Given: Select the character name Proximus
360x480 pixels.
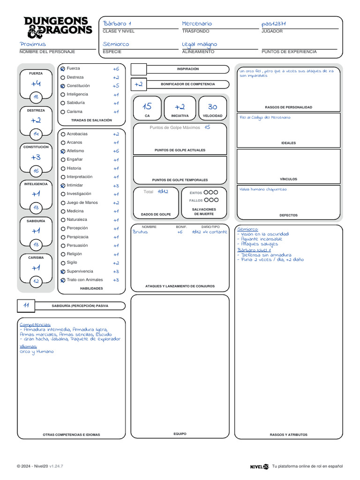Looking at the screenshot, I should point(33,44).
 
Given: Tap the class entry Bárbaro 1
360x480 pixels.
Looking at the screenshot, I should point(117,23).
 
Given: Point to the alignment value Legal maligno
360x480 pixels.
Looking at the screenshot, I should point(200,44).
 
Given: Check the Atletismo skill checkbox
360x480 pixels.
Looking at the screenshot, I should point(63,151).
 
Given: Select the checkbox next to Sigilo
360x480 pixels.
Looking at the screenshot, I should point(63,263).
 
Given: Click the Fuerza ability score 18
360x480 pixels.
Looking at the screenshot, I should point(36,97).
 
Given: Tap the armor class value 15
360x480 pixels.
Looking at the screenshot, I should point(147,107).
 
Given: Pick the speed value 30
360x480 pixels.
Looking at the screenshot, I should point(212,107).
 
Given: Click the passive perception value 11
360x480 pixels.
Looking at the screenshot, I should point(26,306).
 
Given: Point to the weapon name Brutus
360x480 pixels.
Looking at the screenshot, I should point(140,232).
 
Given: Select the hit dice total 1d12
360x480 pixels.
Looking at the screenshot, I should point(163,192).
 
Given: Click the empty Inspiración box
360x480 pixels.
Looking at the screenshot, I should point(139,69).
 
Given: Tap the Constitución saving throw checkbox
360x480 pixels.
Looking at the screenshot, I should point(63,86).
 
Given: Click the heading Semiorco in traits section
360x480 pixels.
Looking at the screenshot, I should point(247,229).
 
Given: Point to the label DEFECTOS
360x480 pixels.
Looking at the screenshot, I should point(288,215).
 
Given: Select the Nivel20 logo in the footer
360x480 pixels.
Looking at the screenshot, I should point(259,466).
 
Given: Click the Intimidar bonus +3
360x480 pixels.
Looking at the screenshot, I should point(116,186).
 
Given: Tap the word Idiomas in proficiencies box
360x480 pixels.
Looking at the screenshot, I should point(28,346).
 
